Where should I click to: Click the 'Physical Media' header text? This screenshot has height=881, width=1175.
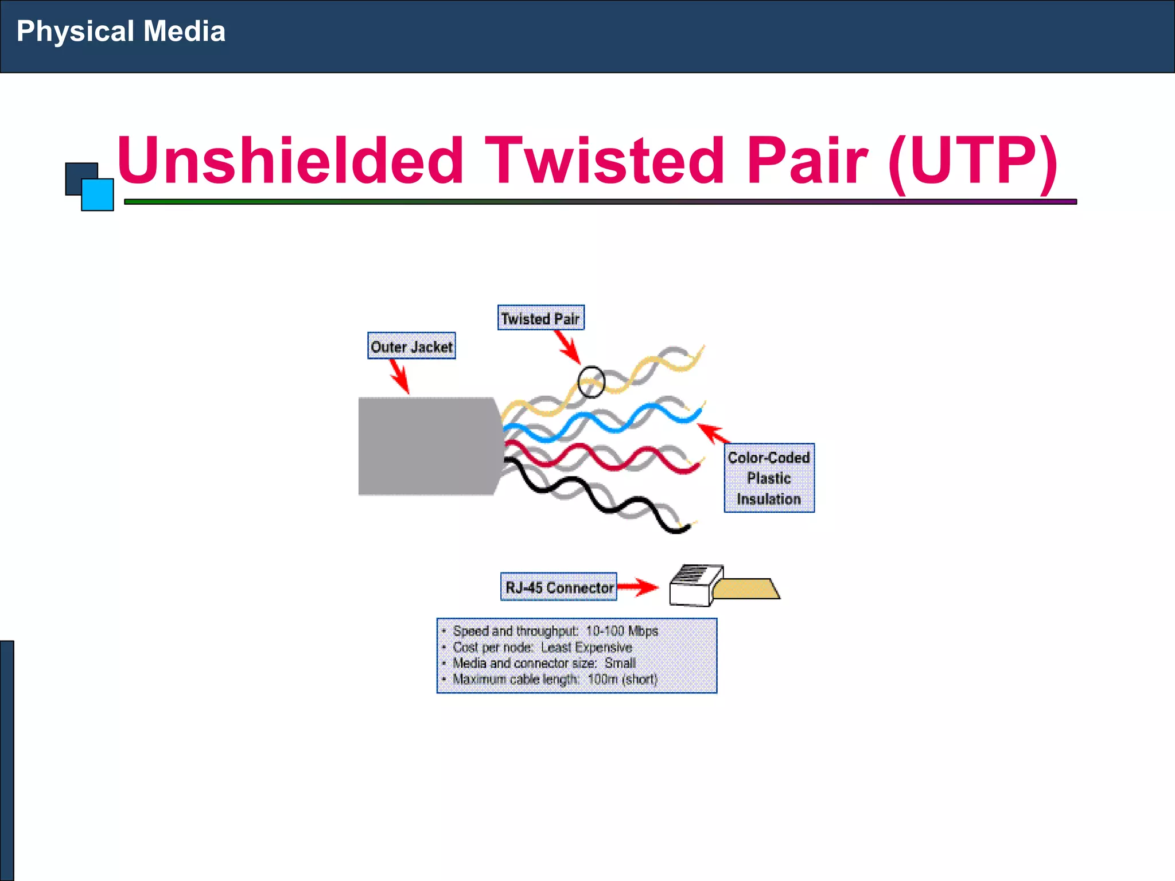120,31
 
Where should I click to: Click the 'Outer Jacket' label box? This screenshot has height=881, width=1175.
411,346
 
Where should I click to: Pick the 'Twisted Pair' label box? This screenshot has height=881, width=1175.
540,318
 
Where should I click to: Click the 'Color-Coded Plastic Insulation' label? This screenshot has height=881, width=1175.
769,478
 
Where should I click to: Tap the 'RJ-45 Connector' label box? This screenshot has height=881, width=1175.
558,587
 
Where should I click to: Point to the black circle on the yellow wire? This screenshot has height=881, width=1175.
591,382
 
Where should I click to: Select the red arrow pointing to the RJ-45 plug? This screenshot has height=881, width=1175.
638,587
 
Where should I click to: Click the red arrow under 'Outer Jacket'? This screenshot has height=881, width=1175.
400,376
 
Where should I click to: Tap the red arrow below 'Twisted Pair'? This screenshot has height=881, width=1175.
568,347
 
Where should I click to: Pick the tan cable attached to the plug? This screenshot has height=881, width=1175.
746,589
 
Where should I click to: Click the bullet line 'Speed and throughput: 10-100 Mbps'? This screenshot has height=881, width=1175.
555,631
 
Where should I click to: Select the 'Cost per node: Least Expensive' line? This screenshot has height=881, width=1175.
542,647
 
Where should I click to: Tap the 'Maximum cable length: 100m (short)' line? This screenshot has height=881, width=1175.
555,679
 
